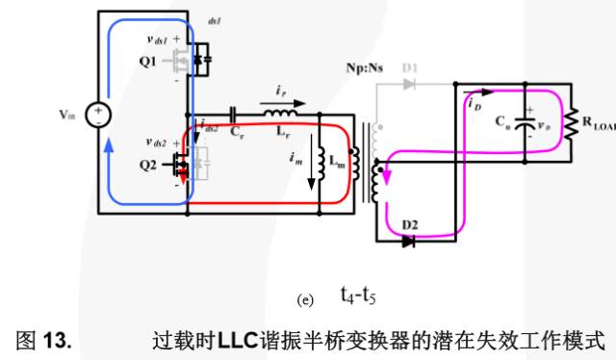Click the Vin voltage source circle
pos(97,116)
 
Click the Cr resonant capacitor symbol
pos(234,115)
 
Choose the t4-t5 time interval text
pos(356,296)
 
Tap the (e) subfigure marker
pos(306,299)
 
